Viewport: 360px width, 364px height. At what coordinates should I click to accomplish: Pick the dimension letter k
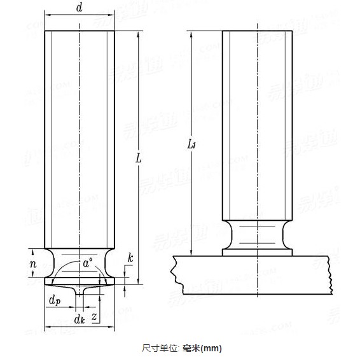130,258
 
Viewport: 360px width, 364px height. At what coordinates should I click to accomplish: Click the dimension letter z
94,316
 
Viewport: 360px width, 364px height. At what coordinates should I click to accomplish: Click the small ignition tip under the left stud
80,290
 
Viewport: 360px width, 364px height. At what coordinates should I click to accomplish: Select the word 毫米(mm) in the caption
200,348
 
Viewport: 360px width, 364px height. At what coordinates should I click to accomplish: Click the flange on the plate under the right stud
257,252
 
